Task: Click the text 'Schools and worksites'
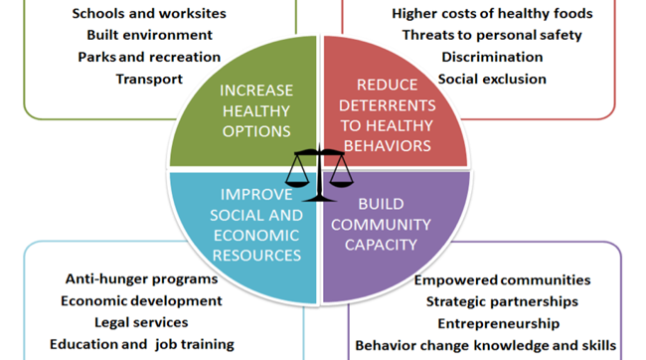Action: click(149, 14)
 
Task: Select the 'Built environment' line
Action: click(149, 35)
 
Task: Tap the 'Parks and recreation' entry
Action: click(149, 57)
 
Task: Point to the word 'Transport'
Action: click(149, 79)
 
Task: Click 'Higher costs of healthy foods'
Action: click(492, 14)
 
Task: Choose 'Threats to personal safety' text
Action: click(492, 35)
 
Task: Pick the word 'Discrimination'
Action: click(492, 57)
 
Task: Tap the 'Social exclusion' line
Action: click(492, 79)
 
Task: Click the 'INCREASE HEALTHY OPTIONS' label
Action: click(256, 111)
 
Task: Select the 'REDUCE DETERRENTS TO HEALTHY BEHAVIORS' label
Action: click(388, 115)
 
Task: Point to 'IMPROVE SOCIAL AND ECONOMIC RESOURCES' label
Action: click(256, 225)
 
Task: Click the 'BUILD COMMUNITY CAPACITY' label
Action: click(381, 225)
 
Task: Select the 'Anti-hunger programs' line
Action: click(142, 279)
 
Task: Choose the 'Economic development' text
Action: click(141, 301)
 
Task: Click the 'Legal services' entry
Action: click(141, 322)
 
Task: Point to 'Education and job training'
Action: click(142, 344)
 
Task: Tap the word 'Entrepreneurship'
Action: click(499, 324)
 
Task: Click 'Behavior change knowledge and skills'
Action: click(486, 345)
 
